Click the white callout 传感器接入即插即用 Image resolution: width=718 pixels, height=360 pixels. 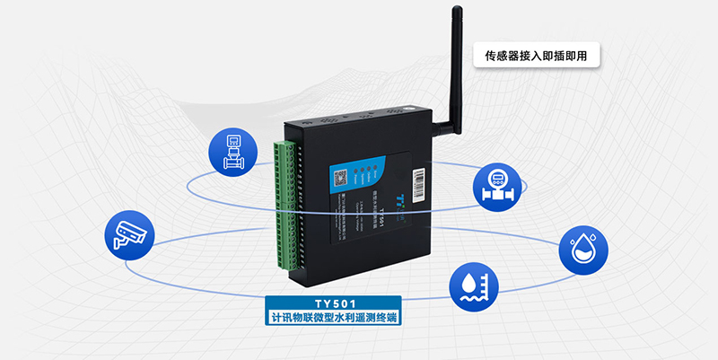[x=536, y=56]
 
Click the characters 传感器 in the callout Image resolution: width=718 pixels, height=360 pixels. [x=503, y=56]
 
